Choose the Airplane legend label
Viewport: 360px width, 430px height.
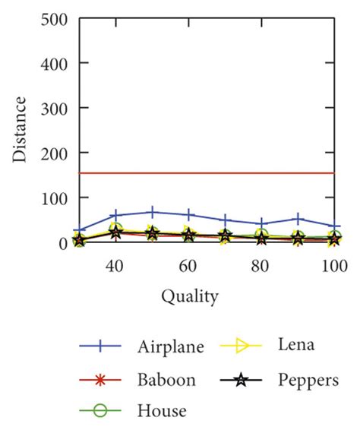(171, 348)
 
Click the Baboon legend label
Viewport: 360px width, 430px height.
(166, 380)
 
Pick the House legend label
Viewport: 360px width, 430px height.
(162, 411)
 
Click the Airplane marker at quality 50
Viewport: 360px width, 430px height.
(153, 212)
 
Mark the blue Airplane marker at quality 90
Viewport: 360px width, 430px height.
(298, 219)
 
